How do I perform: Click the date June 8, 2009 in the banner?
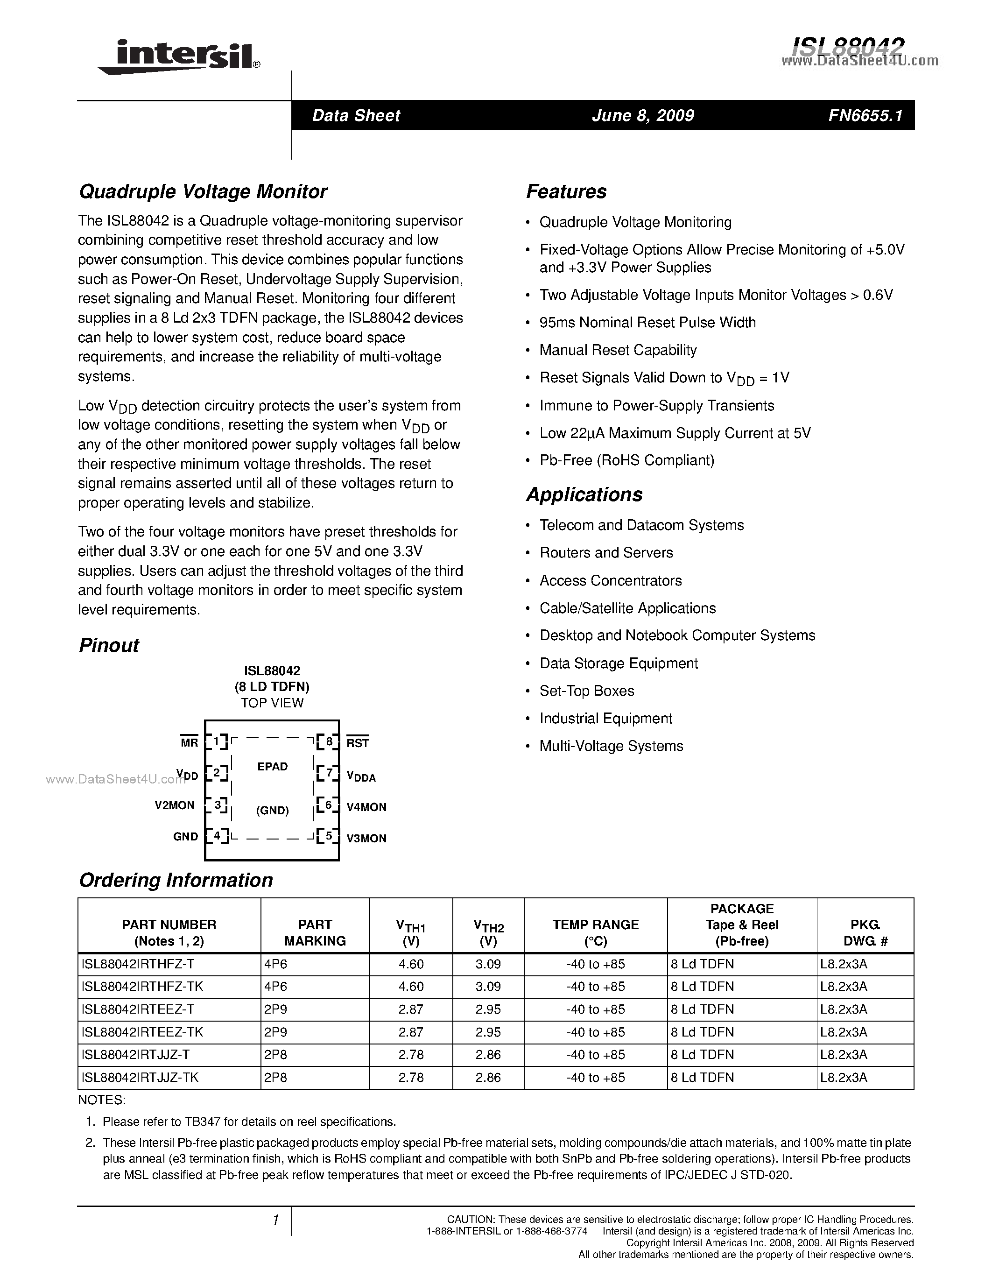tap(642, 115)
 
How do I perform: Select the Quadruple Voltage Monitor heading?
tap(203, 191)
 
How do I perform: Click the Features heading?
tap(566, 191)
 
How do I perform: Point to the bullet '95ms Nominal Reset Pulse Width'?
tap(647, 322)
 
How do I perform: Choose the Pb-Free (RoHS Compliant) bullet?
tap(626, 460)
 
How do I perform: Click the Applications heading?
tap(584, 494)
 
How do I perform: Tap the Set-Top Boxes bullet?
tap(586, 691)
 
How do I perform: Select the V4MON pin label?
tap(366, 807)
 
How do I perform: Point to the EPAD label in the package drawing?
tap(272, 767)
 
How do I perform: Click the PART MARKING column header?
tap(315, 932)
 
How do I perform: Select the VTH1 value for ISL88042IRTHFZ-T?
tap(411, 964)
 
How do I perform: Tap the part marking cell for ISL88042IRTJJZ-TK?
tap(275, 1078)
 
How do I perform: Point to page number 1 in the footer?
tap(274, 1221)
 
